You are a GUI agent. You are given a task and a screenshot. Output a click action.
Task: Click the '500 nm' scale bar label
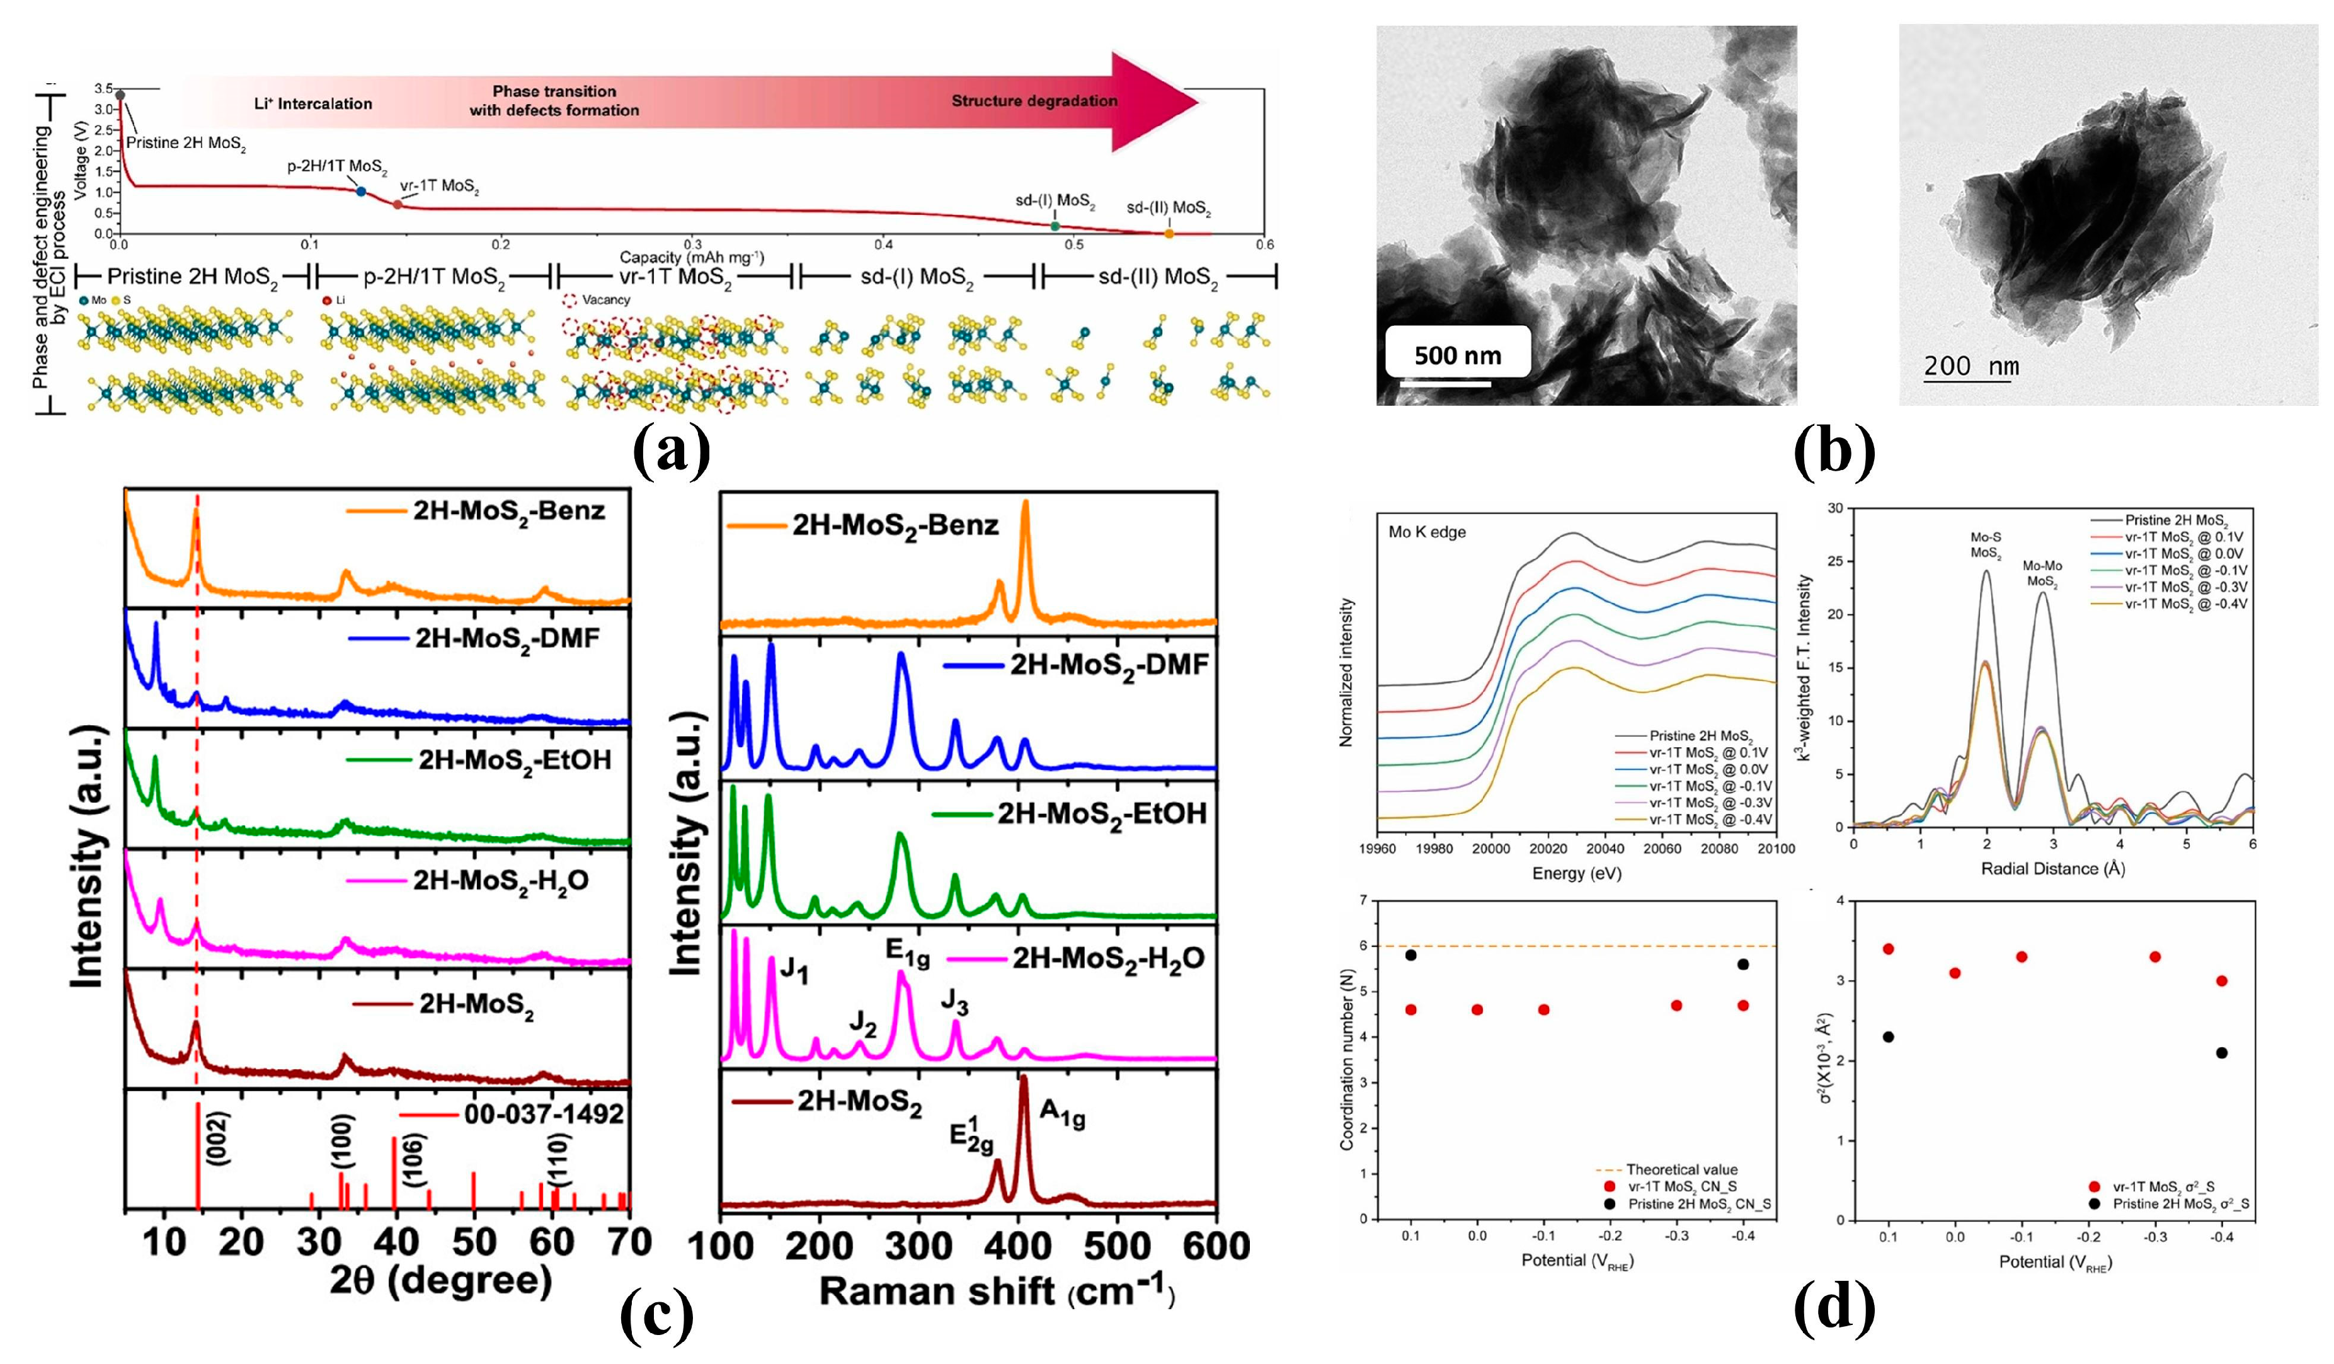pos(1457,355)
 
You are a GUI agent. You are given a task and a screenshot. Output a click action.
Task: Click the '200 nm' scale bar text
pos(1971,367)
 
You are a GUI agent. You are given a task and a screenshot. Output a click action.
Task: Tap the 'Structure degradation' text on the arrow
pos(1034,101)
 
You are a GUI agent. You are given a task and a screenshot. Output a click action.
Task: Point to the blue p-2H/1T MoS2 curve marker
pos(361,191)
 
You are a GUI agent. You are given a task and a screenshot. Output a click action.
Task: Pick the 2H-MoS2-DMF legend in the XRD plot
pos(506,638)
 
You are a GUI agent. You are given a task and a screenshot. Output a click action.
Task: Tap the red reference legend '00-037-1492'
pos(544,1114)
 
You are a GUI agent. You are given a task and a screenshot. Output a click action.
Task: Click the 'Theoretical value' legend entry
pos(1681,1169)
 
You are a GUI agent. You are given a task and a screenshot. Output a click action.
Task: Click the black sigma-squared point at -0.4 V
pos(2221,1053)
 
